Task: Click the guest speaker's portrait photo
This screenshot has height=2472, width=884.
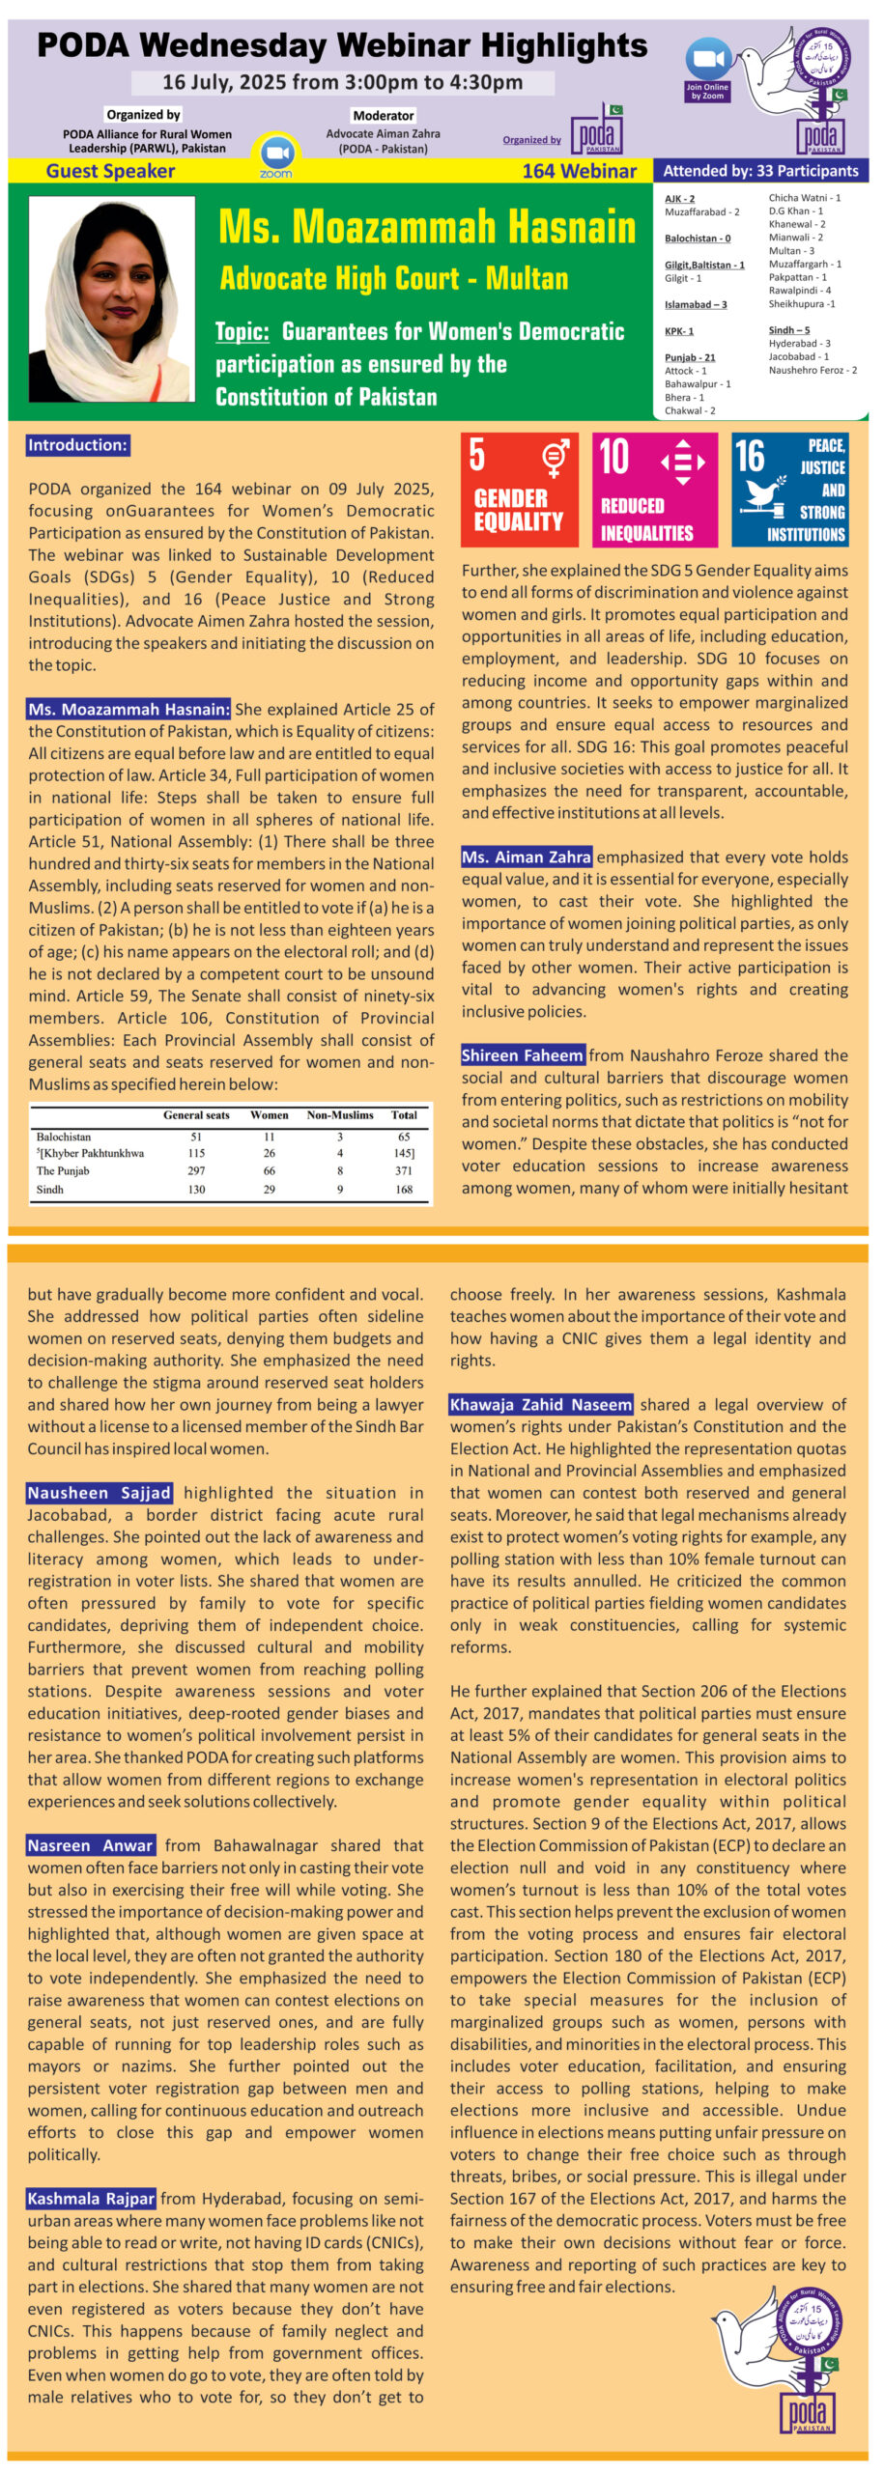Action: [x=112, y=298]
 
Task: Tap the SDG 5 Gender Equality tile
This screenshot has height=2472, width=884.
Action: [x=519, y=490]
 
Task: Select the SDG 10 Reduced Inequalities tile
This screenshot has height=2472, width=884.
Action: [x=654, y=490]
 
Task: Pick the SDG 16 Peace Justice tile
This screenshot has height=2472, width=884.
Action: [x=789, y=490]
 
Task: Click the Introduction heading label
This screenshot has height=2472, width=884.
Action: [x=77, y=445]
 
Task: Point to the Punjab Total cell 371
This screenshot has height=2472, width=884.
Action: [x=403, y=1170]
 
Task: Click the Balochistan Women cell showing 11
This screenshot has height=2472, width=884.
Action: [x=269, y=1137]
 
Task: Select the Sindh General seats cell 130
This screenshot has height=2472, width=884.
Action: [x=196, y=1189]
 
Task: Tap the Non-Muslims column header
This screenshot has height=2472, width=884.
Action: [x=340, y=1114]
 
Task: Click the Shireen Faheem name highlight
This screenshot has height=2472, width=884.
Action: [x=523, y=1055]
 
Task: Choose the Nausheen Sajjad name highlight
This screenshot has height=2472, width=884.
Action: [x=100, y=1493]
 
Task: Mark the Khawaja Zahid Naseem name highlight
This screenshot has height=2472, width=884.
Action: [x=541, y=1404]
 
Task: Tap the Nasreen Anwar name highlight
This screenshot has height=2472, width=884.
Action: [x=91, y=1845]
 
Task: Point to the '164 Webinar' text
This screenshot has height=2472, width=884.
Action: [x=579, y=171]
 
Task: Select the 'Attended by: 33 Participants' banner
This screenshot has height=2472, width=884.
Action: [x=760, y=171]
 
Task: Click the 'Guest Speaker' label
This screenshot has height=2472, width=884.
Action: [x=110, y=171]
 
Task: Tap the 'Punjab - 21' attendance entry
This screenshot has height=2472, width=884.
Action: [x=690, y=357]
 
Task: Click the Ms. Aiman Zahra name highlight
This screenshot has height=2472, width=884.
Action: [x=526, y=857]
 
